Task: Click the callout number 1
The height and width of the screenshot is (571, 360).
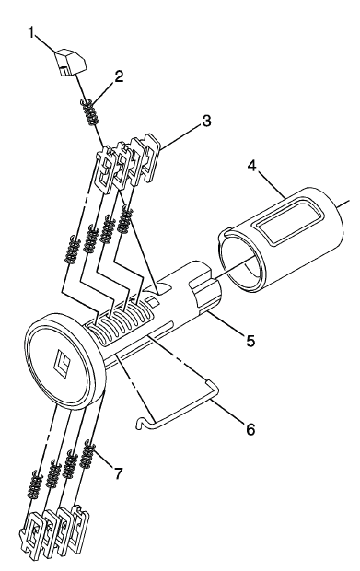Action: pyautogui.click(x=31, y=33)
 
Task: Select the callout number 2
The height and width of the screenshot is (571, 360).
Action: pyautogui.click(x=118, y=76)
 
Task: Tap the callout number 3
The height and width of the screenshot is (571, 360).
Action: pyautogui.click(x=206, y=121)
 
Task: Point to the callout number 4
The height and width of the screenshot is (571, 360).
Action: pyautogui.click(x=252, y=166)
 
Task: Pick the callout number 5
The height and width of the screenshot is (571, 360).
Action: pyautogui.click(x=250, y=340)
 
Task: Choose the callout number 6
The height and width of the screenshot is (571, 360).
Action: pyautogui.click(x=250, y=429)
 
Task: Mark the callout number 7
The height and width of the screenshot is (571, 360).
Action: pyautogui.click(x=118, y=473)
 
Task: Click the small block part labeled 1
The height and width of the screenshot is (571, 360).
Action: pyautogui.click(x=71, y=62)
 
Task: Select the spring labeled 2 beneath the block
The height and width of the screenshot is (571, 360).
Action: pyautogui.click(x=90, y=112)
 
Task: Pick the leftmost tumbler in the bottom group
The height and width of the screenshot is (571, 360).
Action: pyautogui.click(x=32, y=531)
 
